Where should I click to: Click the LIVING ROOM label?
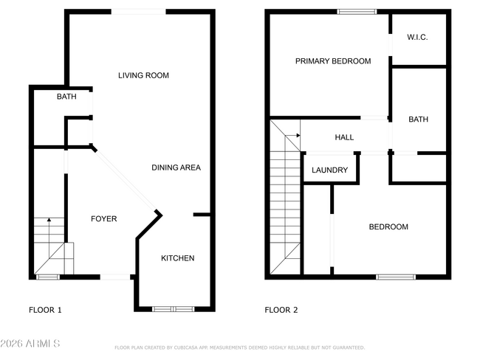143,75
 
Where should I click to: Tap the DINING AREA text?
176,167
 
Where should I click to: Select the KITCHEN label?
177,258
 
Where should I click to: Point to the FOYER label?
104,218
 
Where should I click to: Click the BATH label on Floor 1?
66,97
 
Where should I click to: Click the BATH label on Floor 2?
418,120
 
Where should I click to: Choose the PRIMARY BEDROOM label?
333,61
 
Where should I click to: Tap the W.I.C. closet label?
417,38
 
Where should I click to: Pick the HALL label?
344,137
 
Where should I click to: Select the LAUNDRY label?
329,170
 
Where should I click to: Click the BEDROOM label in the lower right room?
388,226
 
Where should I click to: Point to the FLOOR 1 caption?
45,310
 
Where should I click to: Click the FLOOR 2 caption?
281,310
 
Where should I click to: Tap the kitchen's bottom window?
174,309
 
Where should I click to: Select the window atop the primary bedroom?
357,12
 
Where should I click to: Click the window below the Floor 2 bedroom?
396,277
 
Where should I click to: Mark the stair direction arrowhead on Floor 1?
49,219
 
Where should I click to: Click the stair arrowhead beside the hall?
298,135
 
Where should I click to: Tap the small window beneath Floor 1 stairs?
48,277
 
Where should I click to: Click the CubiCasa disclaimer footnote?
240,347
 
